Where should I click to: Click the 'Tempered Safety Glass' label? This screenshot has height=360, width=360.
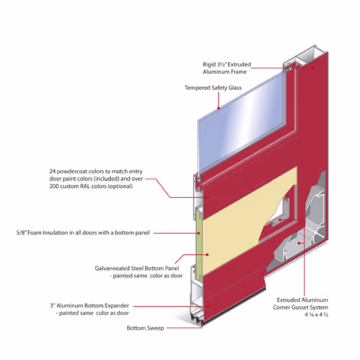pos(213,88)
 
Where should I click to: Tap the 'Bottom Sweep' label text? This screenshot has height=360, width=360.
pos(145,328)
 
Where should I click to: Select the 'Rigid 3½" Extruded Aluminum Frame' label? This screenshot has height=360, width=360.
pos(227,68)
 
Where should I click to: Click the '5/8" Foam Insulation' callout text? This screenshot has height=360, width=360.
pos(83,233)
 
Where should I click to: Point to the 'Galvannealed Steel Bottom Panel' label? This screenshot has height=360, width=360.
pos(139,272)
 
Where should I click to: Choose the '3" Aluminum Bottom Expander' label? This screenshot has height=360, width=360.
pos(89,310)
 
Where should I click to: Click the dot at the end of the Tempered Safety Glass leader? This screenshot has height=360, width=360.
pos(219,108)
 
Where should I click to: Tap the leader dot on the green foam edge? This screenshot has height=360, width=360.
pos(199,233)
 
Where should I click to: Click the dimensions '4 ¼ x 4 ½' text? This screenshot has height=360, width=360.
pos(316,315)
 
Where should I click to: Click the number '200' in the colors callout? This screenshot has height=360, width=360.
pos(54,186)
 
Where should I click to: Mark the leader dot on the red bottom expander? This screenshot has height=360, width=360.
pos(209,306)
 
